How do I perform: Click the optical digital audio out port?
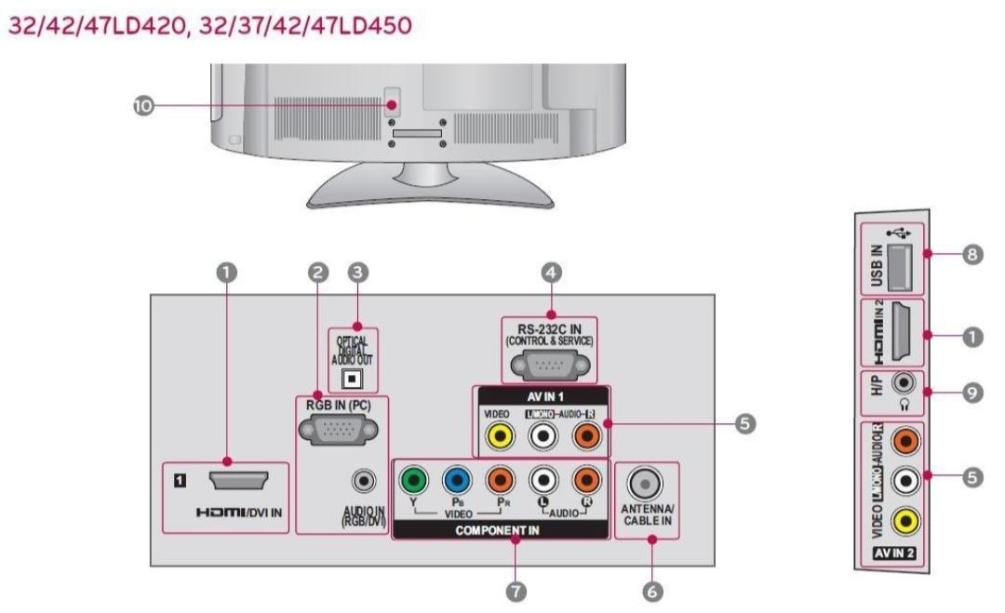pos(353,379)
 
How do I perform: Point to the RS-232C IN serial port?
pos(549,362)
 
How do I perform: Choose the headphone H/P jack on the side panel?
pos(902,383)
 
